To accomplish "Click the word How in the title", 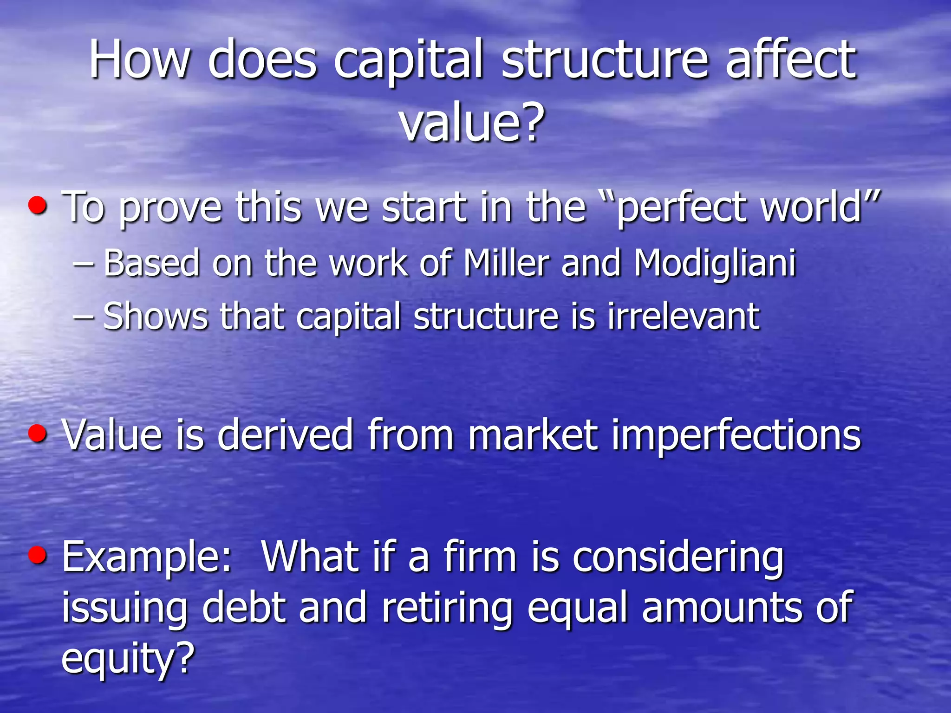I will pyautogui.click(x=139, y=59).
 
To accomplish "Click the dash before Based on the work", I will pyautogui.click(x=84, y=264).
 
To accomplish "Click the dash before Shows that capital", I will pyautogui.click(x=84, y=317).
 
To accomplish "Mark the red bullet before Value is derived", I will pyautogui.click(x=38, y=433).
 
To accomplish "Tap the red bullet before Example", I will pyautogui.click(x=38, y=554).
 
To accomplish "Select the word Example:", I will pyautogui.click(x=147, y=557).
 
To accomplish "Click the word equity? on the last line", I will pyautogui.click(x=128, y=659).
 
